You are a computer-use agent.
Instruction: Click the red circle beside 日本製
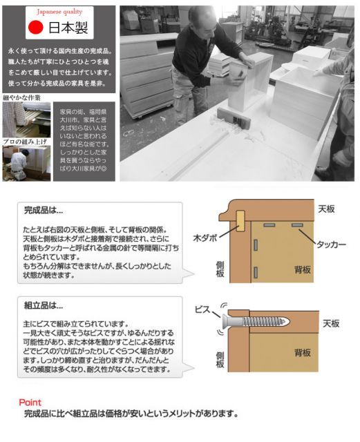35,29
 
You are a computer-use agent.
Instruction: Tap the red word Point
30,402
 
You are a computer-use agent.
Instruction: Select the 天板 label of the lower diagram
331,323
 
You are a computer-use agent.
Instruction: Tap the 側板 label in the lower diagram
220,360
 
